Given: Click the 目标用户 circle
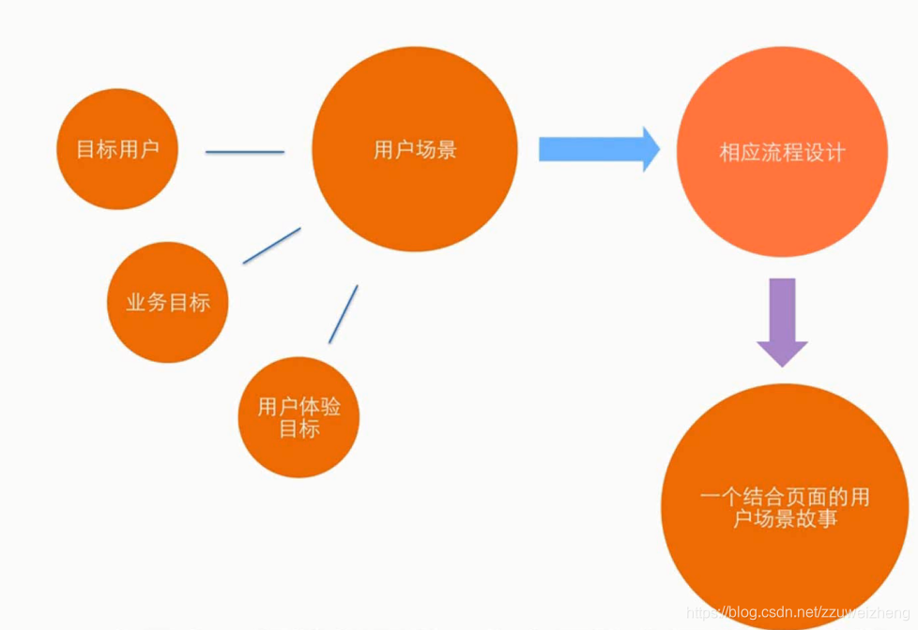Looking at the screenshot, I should (x=117, y=149).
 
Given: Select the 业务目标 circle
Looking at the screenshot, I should (x=168, y=302).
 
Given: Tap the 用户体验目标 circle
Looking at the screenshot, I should (x=298, y=417).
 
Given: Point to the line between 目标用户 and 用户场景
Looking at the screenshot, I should (x=244, y=151).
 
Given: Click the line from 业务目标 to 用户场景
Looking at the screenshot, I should (x=271, y=245).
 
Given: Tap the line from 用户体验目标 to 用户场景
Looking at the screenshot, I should (x=343, y=314).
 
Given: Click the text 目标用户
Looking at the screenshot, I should (x=117, y=149).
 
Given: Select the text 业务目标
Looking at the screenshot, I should (x=168, y=302).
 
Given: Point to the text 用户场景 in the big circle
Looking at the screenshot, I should (x=415, y=149).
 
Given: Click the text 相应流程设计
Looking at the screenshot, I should (x=782, y=152).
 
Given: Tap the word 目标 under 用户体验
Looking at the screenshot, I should (x=298, y=429).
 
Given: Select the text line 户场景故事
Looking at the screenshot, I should (x=785, y=518).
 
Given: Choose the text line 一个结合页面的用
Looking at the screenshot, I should (x=785, y=496).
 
